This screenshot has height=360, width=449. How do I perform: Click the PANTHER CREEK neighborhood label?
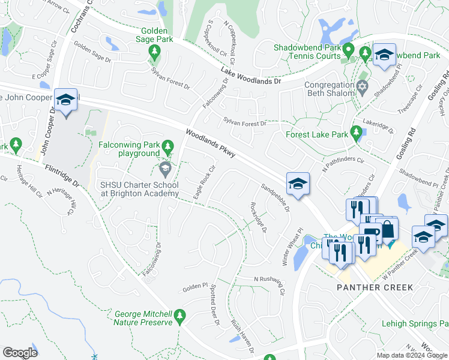point(375,287)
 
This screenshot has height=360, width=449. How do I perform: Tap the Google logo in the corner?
point(20,352)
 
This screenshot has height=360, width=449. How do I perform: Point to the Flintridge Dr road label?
point(60,175)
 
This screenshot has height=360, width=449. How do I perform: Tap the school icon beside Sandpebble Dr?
point(297,184)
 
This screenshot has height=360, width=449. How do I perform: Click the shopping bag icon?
point(387,228)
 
